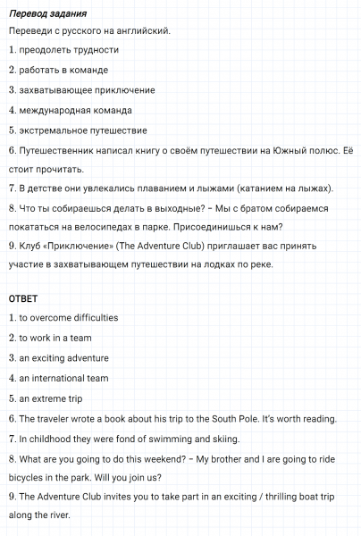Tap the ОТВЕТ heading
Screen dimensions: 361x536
23,298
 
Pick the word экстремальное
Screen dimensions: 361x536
58,130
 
